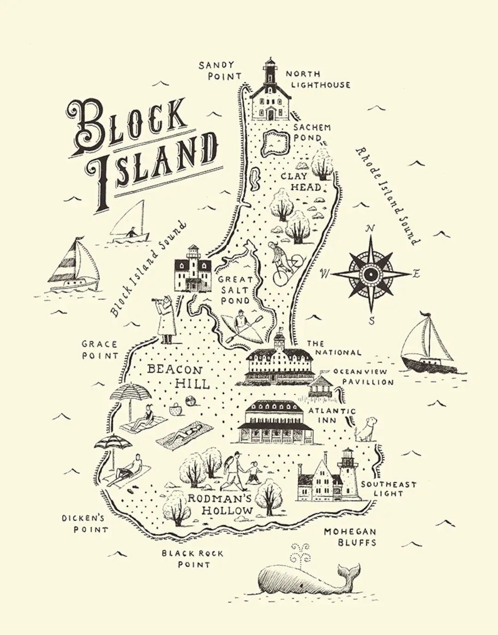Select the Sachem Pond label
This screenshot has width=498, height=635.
pos(312,133)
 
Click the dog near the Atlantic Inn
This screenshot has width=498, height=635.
pos(366,429)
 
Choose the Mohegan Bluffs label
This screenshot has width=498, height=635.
pos(350,537)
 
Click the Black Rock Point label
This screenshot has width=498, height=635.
pos(193,558)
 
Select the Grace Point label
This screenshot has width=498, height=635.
pos(100,350)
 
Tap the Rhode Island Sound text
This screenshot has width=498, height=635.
pos(388,196)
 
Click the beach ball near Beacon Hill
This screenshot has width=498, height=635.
pos(190,400)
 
